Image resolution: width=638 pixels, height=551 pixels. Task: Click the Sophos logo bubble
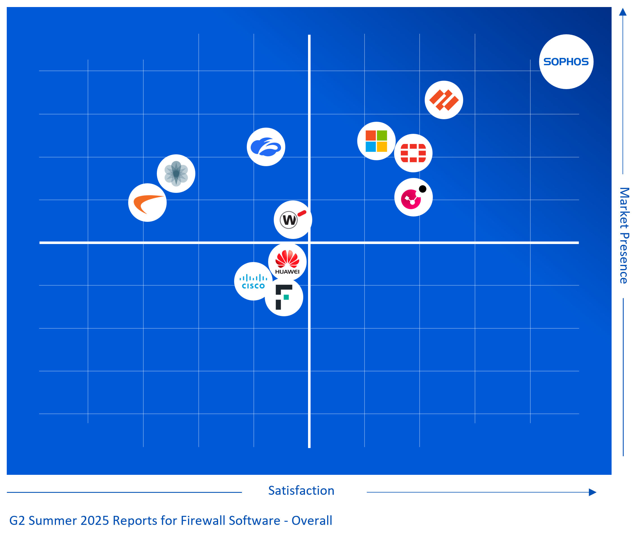(566, 62)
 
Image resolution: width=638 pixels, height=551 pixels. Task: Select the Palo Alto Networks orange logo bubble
(444, 100)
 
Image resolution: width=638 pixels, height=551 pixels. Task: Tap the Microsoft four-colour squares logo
(376, 141)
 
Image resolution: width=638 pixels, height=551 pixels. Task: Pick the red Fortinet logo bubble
(413, 153)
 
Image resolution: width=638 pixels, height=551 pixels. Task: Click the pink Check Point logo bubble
(413, 197)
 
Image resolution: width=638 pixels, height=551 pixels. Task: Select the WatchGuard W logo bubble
(293, 220)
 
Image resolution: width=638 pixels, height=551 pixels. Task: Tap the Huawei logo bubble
(287, 262)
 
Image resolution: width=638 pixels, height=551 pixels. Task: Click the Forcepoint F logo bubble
(284, 297)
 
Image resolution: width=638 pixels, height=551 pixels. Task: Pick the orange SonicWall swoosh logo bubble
(148, 203)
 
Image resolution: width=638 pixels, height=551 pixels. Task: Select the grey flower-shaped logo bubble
(176, 174)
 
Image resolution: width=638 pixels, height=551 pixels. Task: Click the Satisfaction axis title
(301, 491)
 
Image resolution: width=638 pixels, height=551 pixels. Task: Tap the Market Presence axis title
(625, 236)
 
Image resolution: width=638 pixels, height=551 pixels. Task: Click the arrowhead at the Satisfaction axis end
(592, 492)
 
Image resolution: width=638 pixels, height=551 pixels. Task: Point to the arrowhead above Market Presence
(623, 12)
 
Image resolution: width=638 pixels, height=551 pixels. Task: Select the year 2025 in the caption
(95, 521)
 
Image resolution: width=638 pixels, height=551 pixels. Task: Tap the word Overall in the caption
(312, 521)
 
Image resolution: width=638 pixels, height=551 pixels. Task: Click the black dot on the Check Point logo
(423, 189)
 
